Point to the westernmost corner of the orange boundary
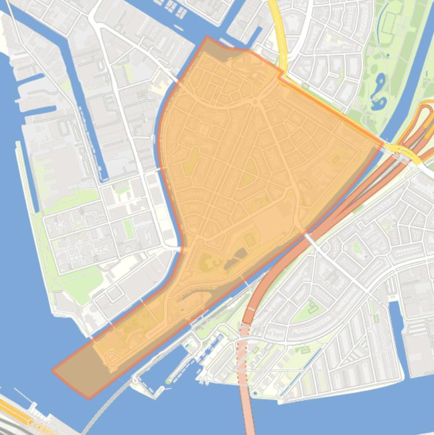tap(52, 371)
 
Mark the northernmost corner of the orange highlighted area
tap(207, 37)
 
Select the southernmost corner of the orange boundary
tap(89, 398)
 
